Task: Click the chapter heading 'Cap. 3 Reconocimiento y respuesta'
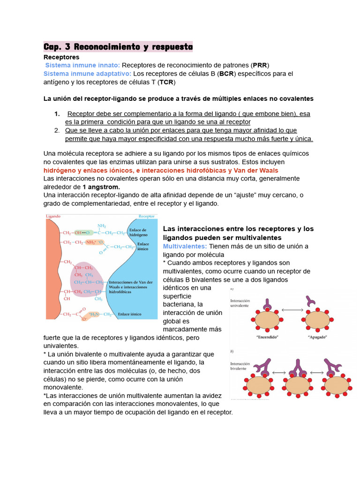point(118,47)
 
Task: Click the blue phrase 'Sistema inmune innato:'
point(82,65)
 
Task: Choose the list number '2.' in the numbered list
point(57,130)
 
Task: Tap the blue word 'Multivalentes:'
point(185,246)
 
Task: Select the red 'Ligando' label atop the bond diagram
point(53,216)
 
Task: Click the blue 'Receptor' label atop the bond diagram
point(147,216)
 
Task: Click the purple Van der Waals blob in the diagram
point(88,279)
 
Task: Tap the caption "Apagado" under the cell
point(317,337)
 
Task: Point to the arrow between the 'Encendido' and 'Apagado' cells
point(292,310)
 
